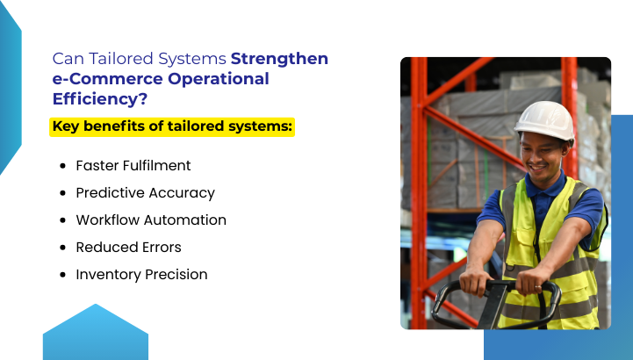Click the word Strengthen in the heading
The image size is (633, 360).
(x=279, y=60)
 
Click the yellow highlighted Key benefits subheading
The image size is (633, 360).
(x=173, y=126)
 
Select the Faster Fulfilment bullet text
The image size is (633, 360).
(x=133, y=165)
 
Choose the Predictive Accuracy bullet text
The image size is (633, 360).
(x=145, y=192)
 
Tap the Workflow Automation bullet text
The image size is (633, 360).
(x=151, y=220)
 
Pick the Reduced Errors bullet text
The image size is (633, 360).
(x=128, y=247)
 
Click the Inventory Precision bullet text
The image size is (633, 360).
(x=141, y=274)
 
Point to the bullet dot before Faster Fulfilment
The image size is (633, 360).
(x=62, y=166)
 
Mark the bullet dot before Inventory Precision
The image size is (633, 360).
(x=62, y=275)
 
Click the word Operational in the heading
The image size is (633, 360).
(x=218, y=79)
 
